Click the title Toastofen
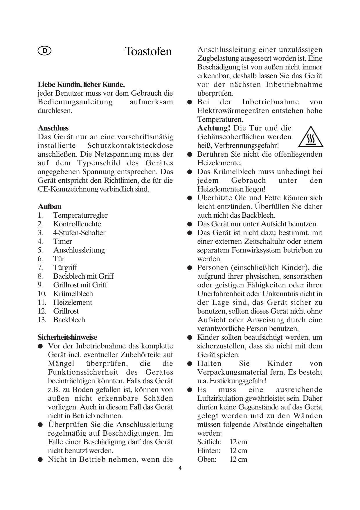tap(148, 51)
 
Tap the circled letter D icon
tap(44, 51)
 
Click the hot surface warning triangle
tap(311, 137)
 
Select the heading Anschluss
tap(53, 128)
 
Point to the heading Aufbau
tap(50, 207)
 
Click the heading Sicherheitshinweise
tap(67, 337)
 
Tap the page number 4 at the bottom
tap(180, 468)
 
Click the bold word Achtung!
tap(214, 128)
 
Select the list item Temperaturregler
tap(80, 215)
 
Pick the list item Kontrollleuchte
tap(77, 224)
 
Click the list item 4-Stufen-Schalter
tap(79, 233)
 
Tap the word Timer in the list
tap(62, 241)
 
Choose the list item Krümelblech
tap(73, 294)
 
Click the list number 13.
tap(42, 320)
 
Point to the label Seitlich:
tap(209, 442)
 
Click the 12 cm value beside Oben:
tap(238, 459)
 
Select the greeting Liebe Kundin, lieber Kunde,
tap(81, 85)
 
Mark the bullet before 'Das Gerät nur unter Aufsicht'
tap(190, 224)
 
